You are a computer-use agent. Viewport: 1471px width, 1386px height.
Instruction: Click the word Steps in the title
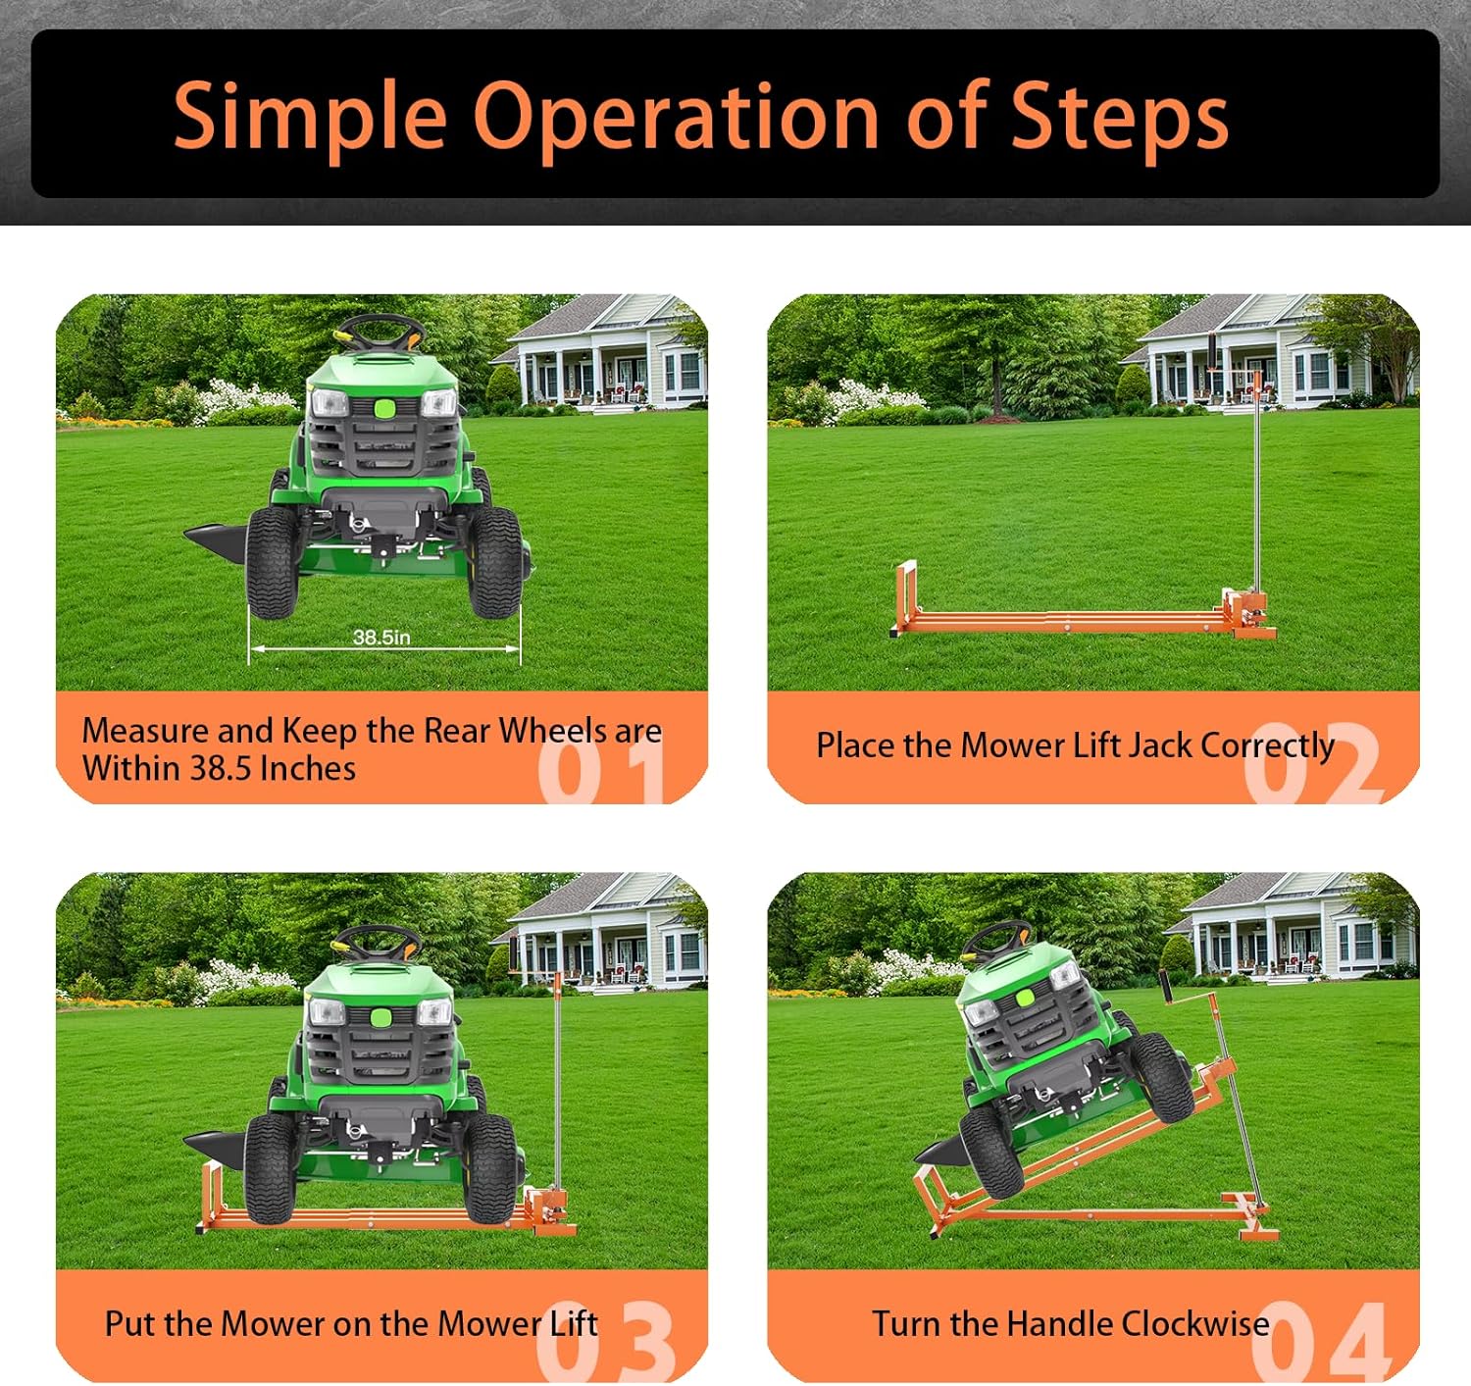[1119, 118]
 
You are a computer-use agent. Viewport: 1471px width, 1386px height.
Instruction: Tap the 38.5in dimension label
[381, 638]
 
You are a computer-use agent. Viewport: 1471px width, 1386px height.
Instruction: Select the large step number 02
[1312, 763]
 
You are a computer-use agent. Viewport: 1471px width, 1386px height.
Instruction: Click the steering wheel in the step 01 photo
[381, 334]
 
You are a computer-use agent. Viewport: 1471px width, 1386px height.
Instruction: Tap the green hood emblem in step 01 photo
[384, 408]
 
